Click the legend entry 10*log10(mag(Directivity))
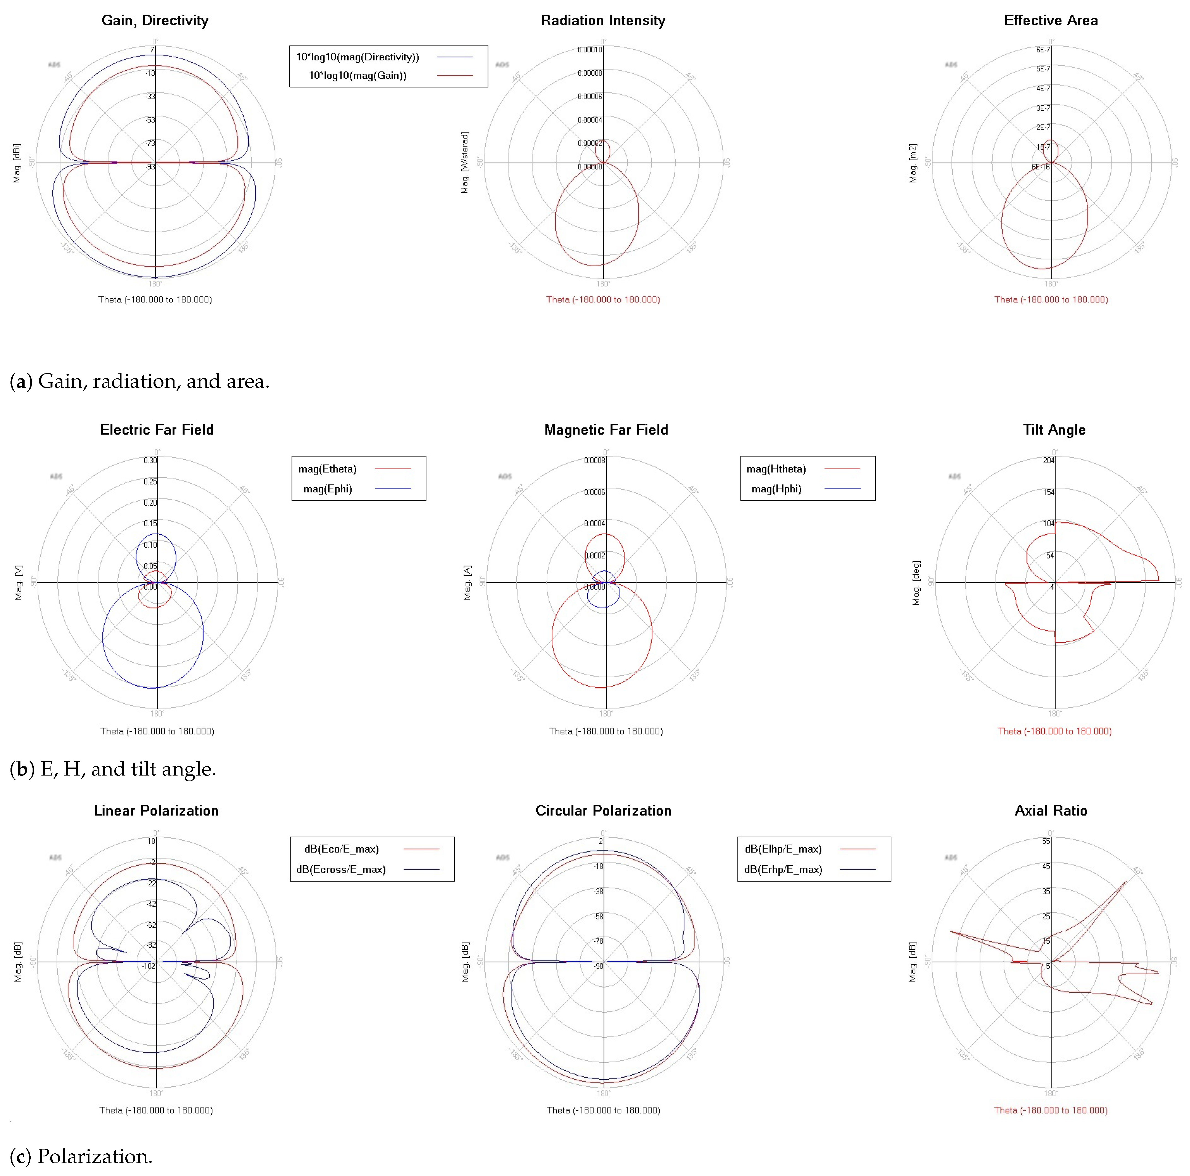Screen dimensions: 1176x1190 pos(357,57)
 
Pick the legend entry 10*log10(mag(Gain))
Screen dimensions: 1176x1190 pos(357,75)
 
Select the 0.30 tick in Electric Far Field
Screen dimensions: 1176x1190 pos(150,461)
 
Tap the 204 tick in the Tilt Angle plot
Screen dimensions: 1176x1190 pos(1048,461)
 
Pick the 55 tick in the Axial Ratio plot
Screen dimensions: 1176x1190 pos(1046,841)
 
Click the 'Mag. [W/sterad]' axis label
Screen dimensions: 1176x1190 pos(465,163)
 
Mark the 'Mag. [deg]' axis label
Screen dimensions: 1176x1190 pos(916,582)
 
